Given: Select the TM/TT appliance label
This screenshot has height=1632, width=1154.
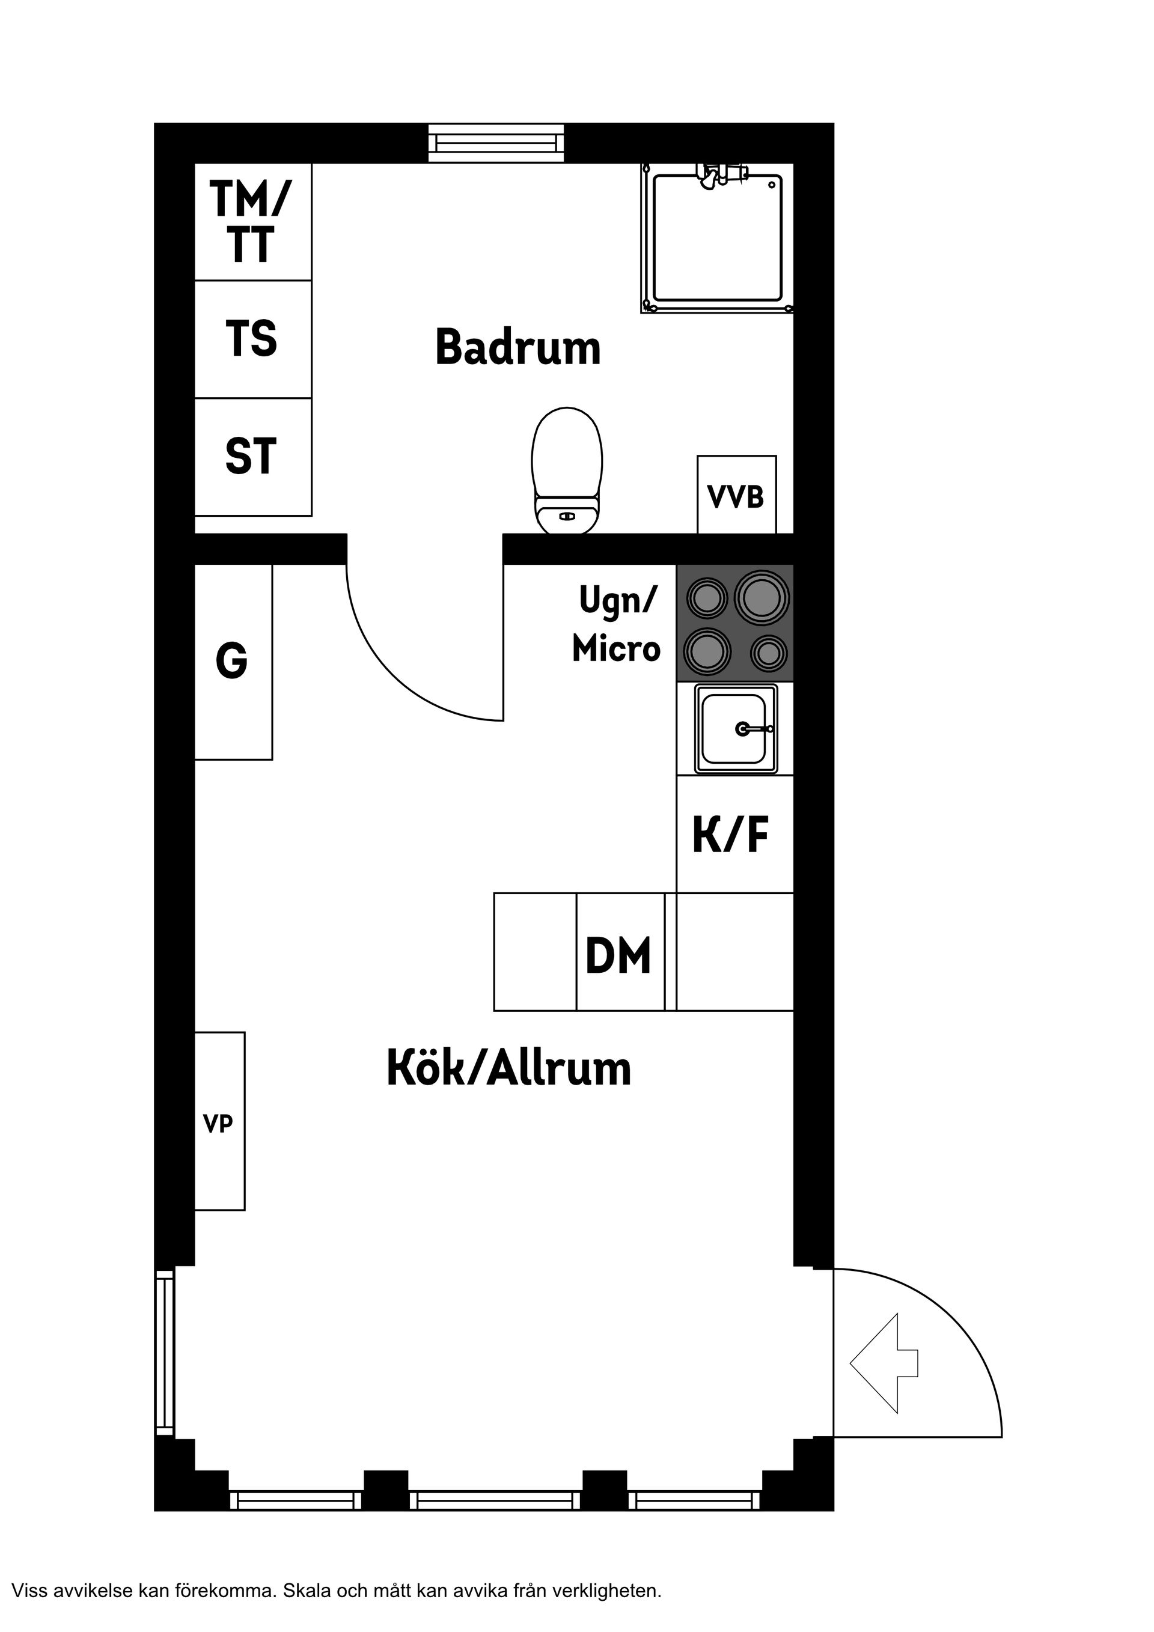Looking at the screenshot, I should [x=250, y=221].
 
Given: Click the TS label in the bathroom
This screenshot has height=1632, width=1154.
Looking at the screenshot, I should [x=251, y=338].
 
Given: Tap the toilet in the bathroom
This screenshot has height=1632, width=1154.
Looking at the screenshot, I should [x=567, y=470].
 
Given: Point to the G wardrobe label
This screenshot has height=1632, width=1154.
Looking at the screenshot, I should [x=232, y=660].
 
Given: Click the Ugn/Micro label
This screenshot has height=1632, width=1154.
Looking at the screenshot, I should [x=617, y=625].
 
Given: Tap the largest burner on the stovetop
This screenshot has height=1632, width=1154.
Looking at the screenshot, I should [x=762, y=595].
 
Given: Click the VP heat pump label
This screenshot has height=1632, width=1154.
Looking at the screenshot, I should [x=218, y=1124].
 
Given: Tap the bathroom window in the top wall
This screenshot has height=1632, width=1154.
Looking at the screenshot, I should [x=496, y=143].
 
